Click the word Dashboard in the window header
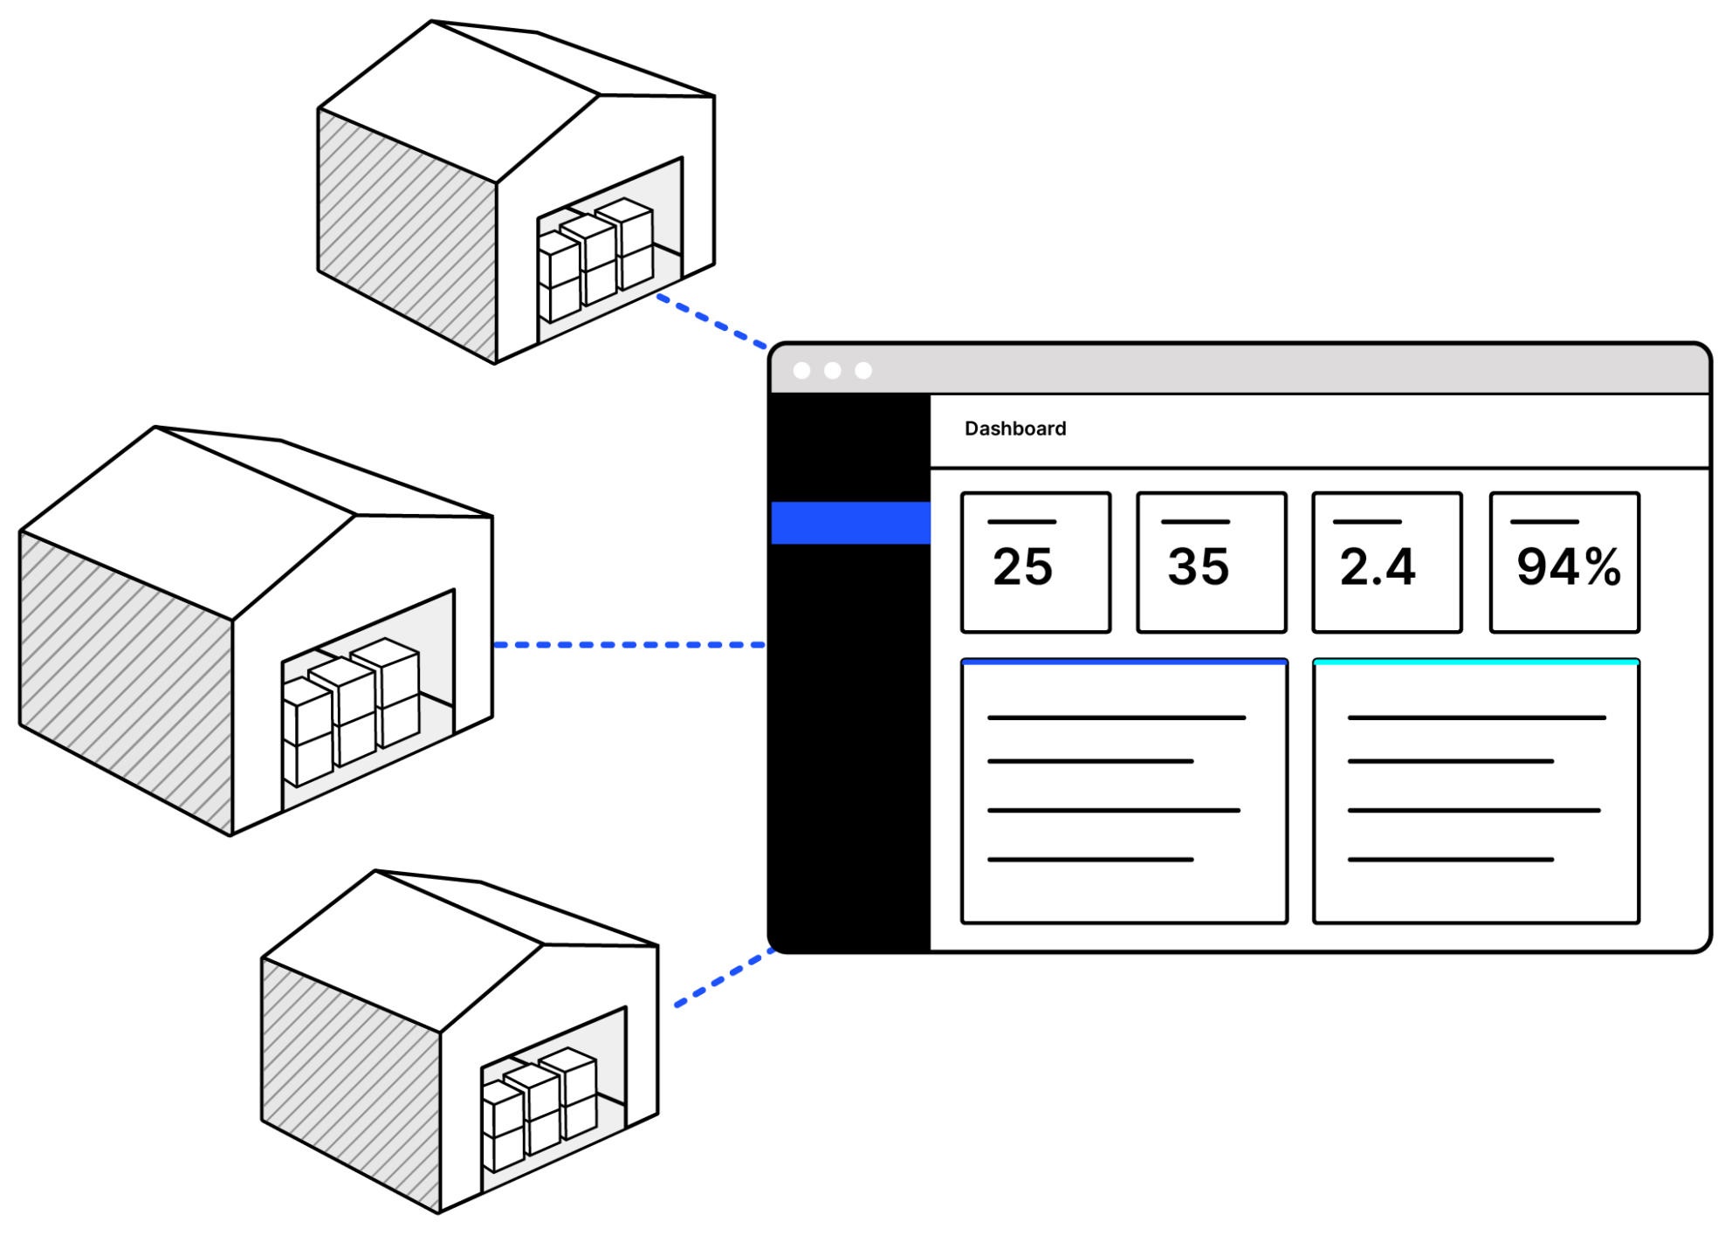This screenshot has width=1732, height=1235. point(1014,429)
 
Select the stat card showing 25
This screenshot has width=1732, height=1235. point(1035,562)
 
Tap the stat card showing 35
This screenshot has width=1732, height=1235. point(1211,562)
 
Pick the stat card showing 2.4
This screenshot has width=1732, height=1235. point(1386,562)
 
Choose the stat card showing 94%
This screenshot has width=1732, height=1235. point(1564,562)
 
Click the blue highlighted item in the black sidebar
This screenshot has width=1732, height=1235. point(851,523)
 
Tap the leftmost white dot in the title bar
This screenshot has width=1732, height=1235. point(801,371)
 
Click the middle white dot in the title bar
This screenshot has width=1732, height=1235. point(833,371)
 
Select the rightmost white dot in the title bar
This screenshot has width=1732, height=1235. point(863,371)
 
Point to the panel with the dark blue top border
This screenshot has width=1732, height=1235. point(1124,791)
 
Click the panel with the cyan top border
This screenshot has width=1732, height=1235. point(1475,791)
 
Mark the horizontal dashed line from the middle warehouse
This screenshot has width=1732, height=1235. point(629,645)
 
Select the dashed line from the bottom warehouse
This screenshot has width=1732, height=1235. point(725,978)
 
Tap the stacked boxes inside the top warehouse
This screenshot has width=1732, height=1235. point(595,257)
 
